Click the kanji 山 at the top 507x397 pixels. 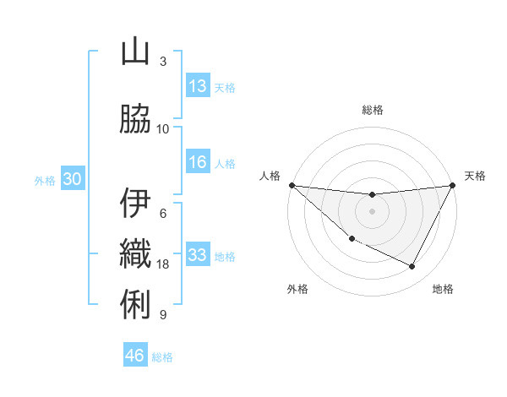135,52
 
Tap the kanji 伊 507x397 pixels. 135,204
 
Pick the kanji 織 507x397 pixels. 135,253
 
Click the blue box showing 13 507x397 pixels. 198,86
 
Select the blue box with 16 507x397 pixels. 198,163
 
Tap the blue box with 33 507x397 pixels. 198,256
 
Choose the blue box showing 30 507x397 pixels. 72,179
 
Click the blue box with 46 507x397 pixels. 135,356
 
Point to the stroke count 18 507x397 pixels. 163,264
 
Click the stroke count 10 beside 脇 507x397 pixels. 163,129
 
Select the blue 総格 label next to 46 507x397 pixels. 162,357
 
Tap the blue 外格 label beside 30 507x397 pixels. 45,180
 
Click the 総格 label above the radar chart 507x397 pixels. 372,110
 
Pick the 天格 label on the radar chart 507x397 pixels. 476,176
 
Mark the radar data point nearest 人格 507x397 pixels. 292,185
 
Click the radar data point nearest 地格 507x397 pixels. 412,267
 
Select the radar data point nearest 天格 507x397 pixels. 452,185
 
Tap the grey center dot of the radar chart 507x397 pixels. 372,211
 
